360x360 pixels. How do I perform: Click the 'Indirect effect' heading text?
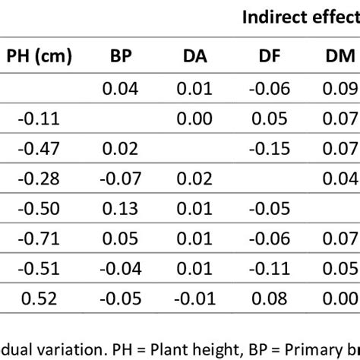click(300, 18)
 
